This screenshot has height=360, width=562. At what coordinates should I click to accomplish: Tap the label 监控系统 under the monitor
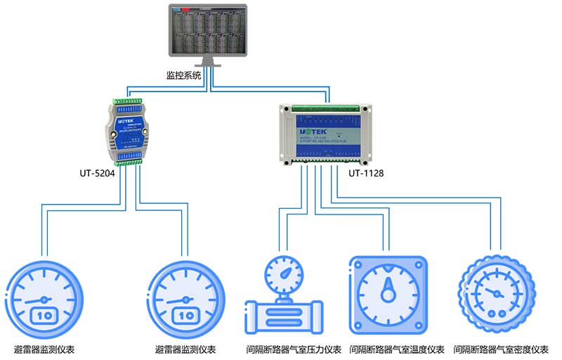[183, 75]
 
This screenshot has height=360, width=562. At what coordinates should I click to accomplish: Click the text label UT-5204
[96, 171]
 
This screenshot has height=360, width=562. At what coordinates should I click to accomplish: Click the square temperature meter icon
[388, 294]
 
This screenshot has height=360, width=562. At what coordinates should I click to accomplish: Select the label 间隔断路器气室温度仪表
[397, 349]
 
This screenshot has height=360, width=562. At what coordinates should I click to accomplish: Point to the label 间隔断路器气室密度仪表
[500, 349]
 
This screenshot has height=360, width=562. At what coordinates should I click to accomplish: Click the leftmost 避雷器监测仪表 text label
[44, 349]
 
